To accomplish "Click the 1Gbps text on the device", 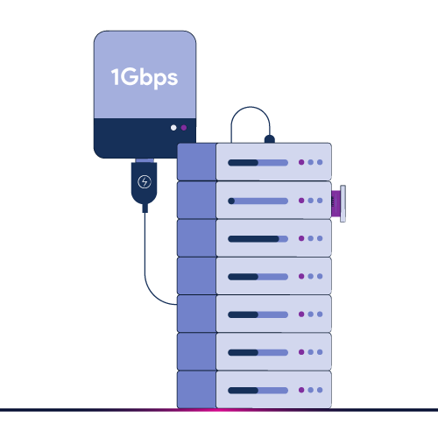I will click(x=145, y=77).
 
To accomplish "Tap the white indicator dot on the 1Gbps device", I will click(x=173, y=128).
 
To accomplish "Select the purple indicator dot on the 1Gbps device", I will click(x=184, y=128).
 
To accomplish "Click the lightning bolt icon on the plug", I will click(x=145, y=183).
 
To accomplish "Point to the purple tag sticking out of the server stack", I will click(x=336, y=203).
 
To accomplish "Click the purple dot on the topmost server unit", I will click(x=301, y=162).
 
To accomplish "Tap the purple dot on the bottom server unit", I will click(x=301, y=390).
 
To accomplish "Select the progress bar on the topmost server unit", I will click(x=258, y=162).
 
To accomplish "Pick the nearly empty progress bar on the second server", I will click(x=258, y=201).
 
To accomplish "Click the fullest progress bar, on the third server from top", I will click(x=258, y=238).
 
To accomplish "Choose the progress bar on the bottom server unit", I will click(x=258, y=390).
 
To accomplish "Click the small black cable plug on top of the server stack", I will click(x=269, y=138).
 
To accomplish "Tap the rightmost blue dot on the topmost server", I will click(x=321, y=162).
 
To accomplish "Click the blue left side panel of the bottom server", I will click(x=196, y=390).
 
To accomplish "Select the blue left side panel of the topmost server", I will click(x=196, y=162).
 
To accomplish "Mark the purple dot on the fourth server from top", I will click(x=301, y=276).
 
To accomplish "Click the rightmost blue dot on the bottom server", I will click(x=321, y=390).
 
